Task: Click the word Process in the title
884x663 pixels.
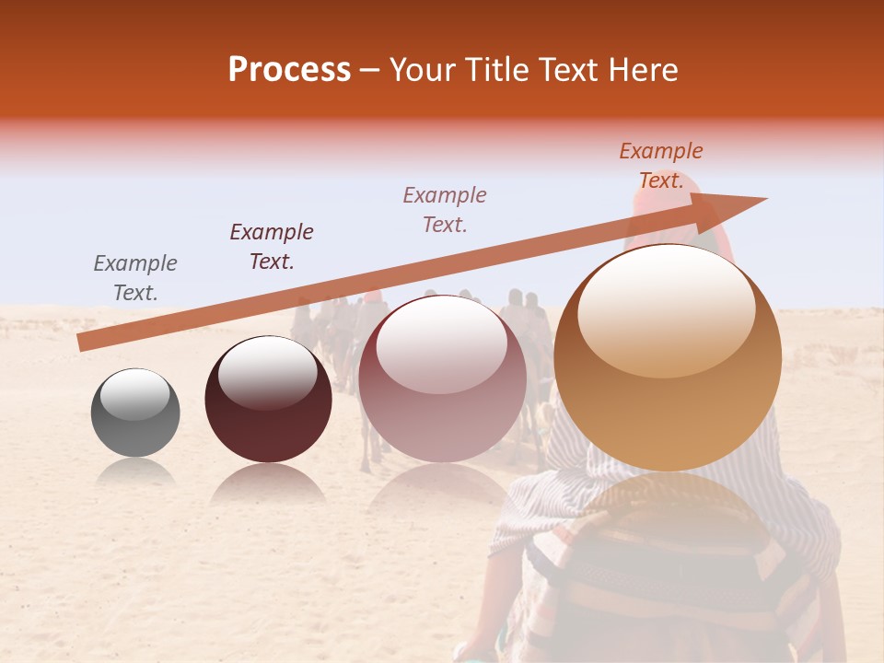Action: pos(289,70)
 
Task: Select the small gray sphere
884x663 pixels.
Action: pos(135,413)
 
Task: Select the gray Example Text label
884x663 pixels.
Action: pos(135,278)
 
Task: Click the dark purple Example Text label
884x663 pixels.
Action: pos(272,247)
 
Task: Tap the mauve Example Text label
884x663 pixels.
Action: pos(445,210)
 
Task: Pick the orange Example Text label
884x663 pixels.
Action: pos(661,166)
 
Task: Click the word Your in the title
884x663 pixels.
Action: pos(425,70)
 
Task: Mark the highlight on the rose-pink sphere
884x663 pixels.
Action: pos(441,343)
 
